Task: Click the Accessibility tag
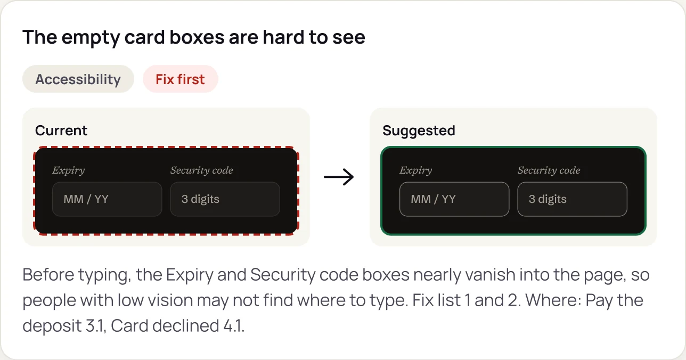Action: tap(78, 79)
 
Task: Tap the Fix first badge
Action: tap(181, 79)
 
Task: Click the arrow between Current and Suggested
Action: tap(339, 177)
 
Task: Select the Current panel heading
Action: tap(61, 130)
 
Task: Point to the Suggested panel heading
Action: tap(419, 130)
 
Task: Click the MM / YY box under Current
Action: tap(107, 199)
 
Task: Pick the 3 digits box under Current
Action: tap(225, 199)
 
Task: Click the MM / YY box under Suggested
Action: tap(454, 199)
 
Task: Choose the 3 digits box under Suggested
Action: tap(573, 199)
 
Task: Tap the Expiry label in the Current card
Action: tap(69, 170)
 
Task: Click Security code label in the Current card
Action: tap(202, 170)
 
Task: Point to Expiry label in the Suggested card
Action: tap(416, 170)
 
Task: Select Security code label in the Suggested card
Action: tap(549, 170)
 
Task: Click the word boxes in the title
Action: tap(197, 37)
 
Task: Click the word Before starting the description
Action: tap(48, 274)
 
